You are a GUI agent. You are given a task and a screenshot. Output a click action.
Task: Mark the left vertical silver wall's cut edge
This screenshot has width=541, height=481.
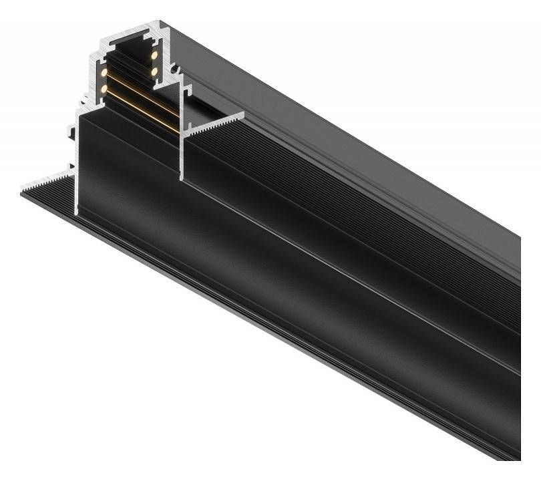coord(78,167)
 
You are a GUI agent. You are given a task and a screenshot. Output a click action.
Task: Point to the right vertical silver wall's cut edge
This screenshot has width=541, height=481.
coord(181,154)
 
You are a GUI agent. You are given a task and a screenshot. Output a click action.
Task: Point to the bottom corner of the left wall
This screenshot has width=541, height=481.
coord(77,212)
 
